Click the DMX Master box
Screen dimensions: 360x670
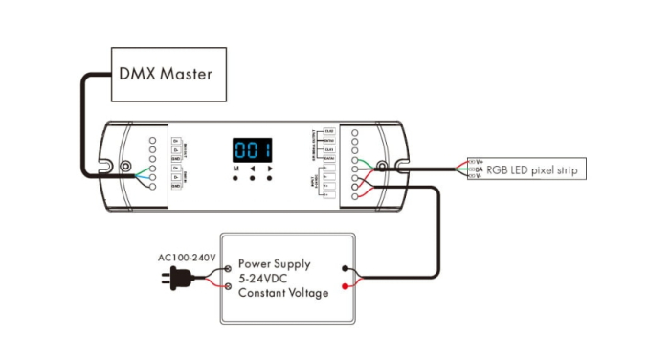169,73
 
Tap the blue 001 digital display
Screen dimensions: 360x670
252,150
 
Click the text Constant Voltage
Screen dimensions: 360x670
283,293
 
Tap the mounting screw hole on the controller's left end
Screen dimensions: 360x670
125,169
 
